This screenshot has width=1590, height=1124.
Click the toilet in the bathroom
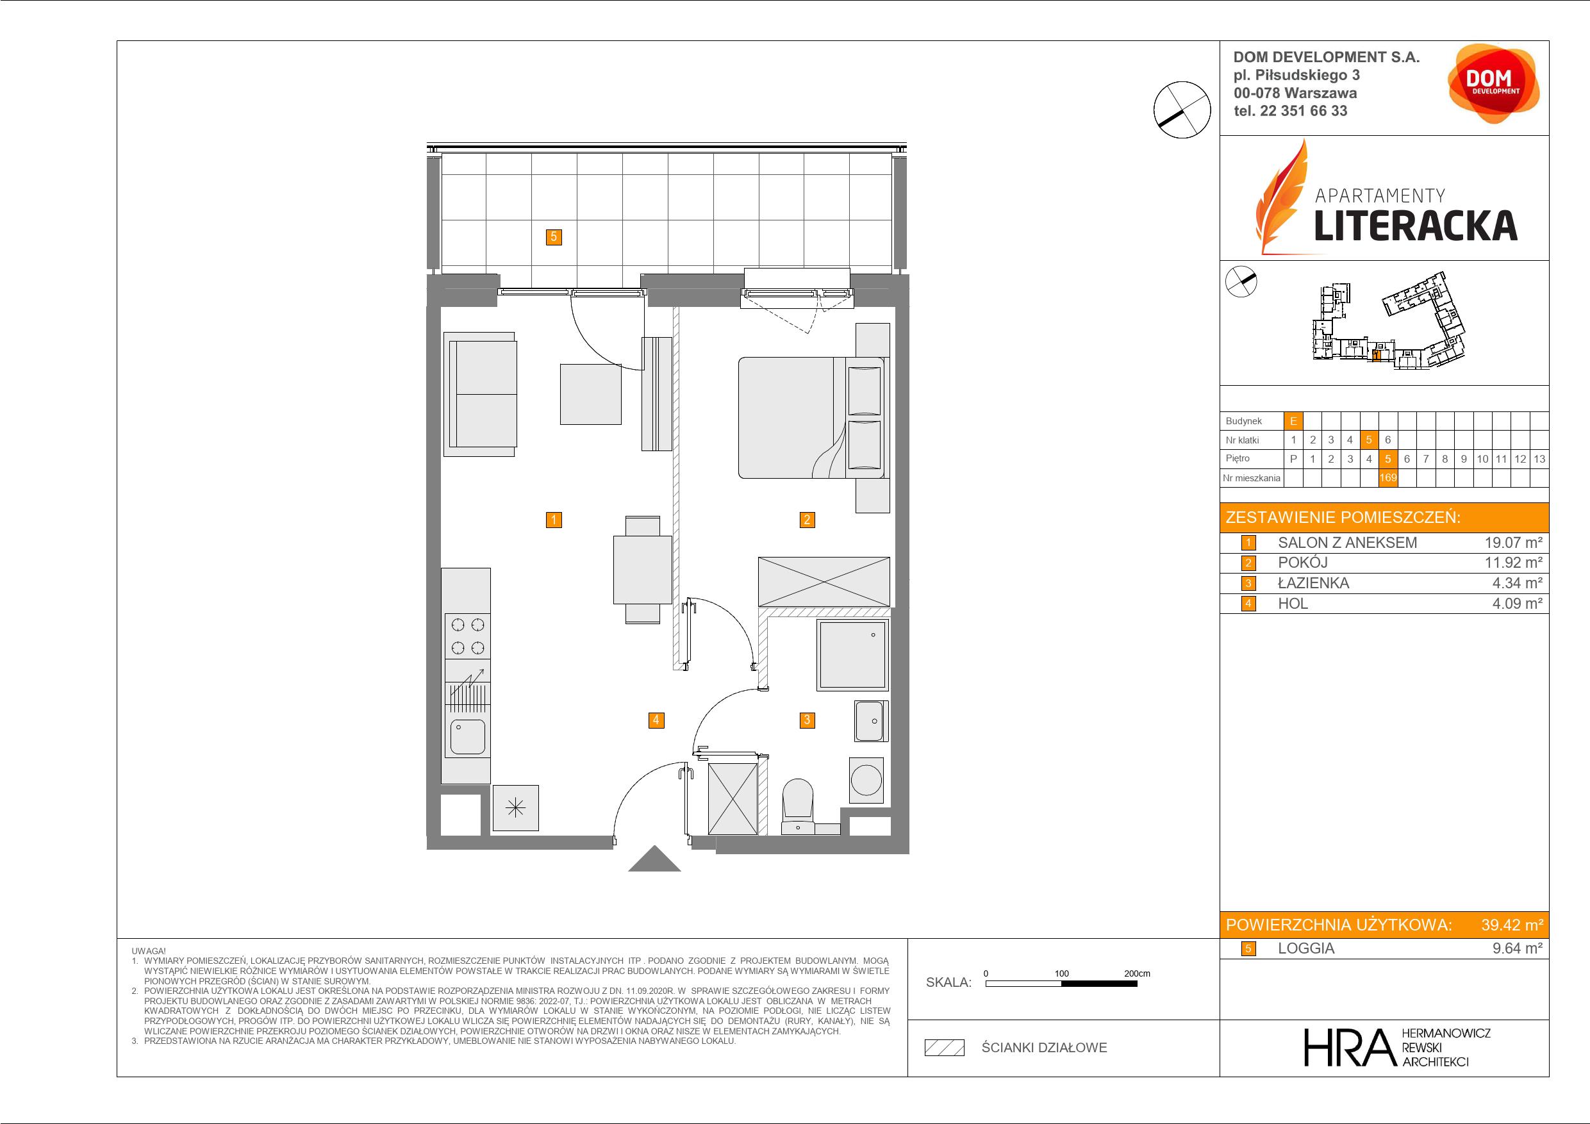click(x=798, y=807)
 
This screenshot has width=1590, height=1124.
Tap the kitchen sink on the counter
click(x=467, y=737)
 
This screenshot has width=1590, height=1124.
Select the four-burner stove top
click(x=467, y=636)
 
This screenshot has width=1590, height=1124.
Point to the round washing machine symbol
click(x=866, y=780)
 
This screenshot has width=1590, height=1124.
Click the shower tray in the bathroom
click(x=852, y=654)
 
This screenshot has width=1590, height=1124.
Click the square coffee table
click(x=590, y=394)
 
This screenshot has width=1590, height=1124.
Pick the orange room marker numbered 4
click(x=656, y=720)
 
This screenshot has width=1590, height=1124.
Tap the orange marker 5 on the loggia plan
click(x=553, y=237)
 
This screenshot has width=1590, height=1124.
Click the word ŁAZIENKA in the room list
click(x=1313, y=583)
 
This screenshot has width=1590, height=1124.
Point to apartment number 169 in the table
click(x=1387, y=478)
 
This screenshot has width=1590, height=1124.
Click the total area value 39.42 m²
click(x=1512, y=925)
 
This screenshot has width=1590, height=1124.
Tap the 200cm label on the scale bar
click(x=1136, y=973)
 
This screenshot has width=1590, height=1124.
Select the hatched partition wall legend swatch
click(x=945, y=1048)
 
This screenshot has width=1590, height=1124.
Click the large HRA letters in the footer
click(x=1349, y=1048)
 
